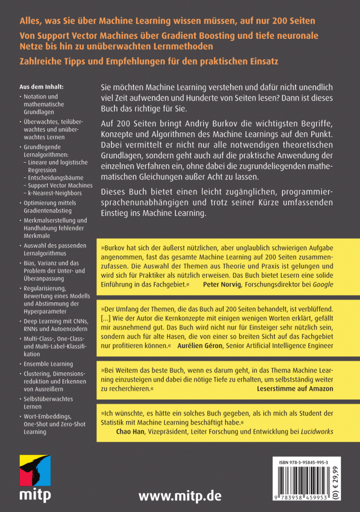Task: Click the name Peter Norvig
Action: pyautogui.click(x=222, y=285)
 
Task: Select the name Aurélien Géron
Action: pyautogui.click(x=203, y=346)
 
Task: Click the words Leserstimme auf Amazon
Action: pyautogui.click(x=295, y=388)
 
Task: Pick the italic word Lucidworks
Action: pyautogui.click(x=317, y=432)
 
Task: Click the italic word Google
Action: pyautogui.click(x=322, y=285)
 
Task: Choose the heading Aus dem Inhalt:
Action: pyautogui.click(x=42, y=87)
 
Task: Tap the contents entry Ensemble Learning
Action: pyautogui.click(x=48, y=364)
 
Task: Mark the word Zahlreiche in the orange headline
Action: pyautogui.click(x=42, y=61)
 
